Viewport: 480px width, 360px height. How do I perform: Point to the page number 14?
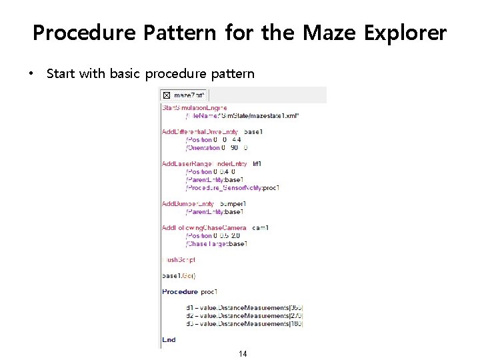point(243,353)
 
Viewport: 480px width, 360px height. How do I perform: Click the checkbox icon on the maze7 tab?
point(167,95)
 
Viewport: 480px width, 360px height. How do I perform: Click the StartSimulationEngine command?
point(194,107)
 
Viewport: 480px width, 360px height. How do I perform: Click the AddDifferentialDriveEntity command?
point(200,132)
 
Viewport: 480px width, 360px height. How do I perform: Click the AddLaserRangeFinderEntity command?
point(204,163)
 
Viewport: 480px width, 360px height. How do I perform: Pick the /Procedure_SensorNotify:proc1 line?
point(233,188)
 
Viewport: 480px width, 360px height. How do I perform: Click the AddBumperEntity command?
point(188,204)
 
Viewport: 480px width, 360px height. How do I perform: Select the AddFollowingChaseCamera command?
point(209,228)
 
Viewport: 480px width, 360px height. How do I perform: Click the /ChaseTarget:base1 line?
point(217,244)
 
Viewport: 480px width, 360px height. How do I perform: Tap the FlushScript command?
point(179,260)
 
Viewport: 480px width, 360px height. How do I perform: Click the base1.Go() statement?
point(179,275)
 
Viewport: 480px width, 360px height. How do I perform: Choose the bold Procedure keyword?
point(180,291)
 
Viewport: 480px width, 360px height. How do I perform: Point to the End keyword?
point(169,339)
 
